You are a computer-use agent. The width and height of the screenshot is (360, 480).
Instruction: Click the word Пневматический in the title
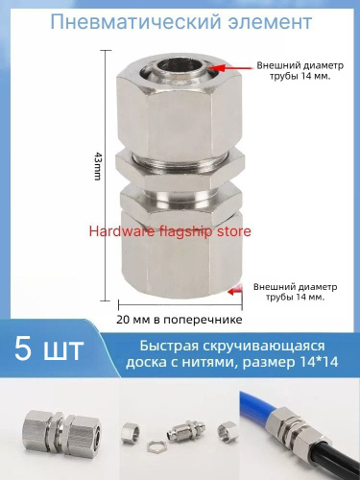pos(135,22)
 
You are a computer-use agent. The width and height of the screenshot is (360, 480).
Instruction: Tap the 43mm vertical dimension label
pos(98,166)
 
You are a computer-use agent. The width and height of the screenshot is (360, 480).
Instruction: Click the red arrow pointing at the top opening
pos(230,68)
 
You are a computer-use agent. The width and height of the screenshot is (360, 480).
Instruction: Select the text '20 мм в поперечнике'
pos(180,320)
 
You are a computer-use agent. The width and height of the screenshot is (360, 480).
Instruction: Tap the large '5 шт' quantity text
pos(49,348)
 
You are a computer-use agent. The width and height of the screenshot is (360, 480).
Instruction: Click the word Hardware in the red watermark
pos(121,231)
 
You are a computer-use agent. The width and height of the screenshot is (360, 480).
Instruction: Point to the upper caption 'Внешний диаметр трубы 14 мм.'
pos(300,71)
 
